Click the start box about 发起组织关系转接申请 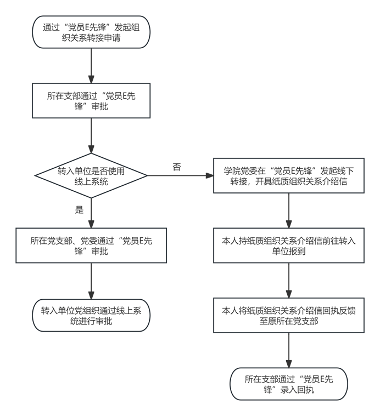pyautogui.click(x=91, y=33)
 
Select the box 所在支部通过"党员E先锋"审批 pyautogui.click(x=91, y=100)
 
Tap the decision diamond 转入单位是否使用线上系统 pyautogui.click(x=91, y=176)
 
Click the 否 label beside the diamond pyautogui.click(x=177, y=167)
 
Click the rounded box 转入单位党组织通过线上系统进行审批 pyautogui.click(x=91, y=316)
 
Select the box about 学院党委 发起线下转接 pyautogui.click(x=288, y=176)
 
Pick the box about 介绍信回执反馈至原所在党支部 pyautogui.click(x=288, y=315)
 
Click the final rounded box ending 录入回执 pyautogui.click(x=288, y=384)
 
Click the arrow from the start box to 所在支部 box pyautogui.click(x=91, y=65)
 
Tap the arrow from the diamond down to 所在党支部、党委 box pyautogui.click(x=91, y=212)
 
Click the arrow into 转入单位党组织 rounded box pyautogui.click(x=91, y=280)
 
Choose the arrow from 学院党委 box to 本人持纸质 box pyautogui.click(x=288, y=210)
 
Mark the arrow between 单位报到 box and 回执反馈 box pyautogui.click(x=288, y=281)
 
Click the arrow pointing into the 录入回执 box pyautogui.click(x=288, y=350)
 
